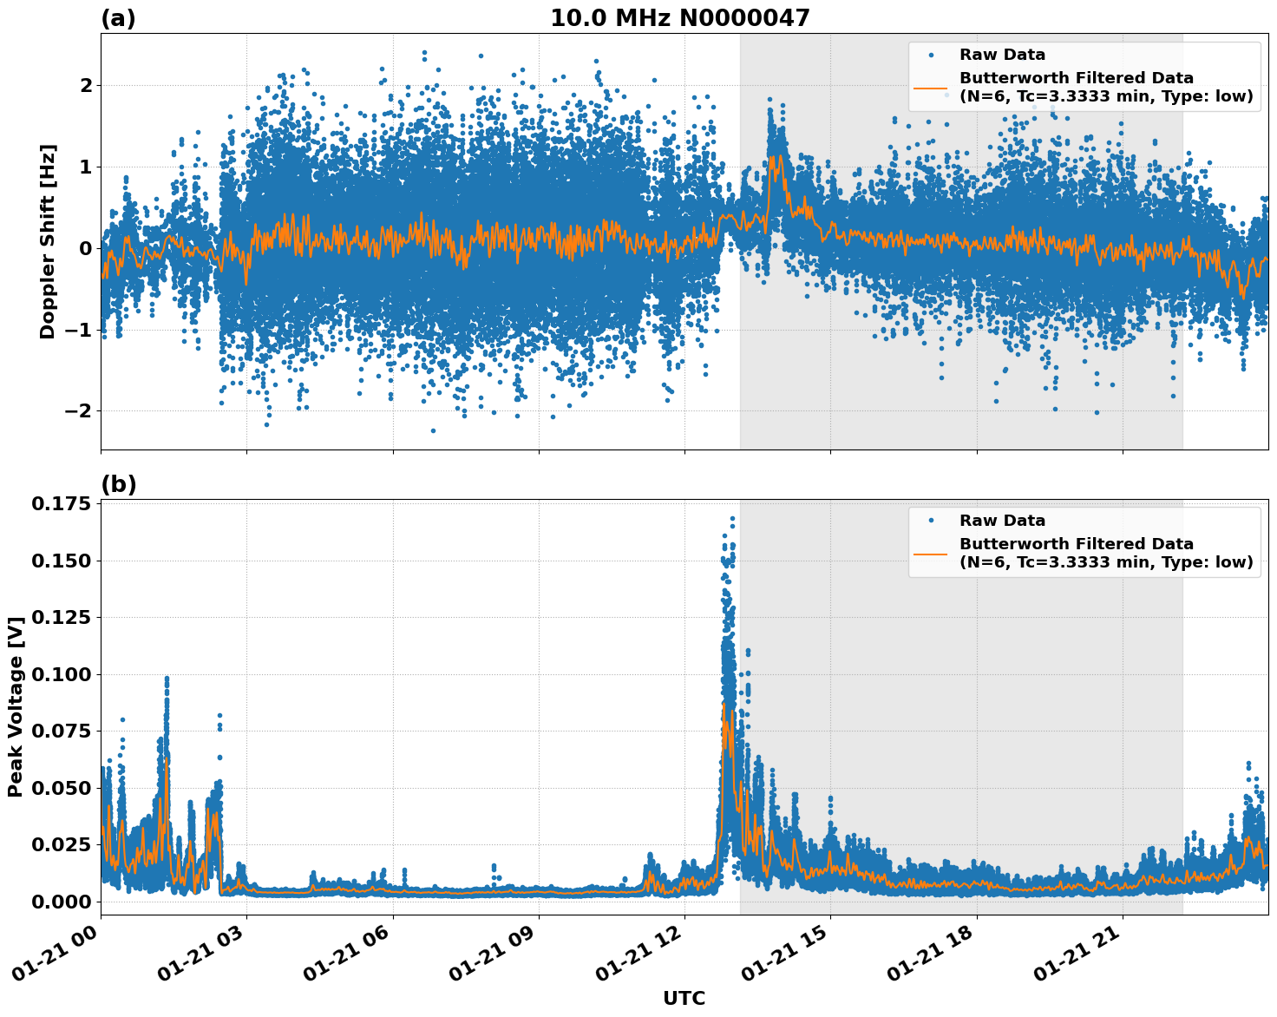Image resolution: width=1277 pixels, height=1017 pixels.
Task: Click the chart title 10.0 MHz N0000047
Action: click(679, 18)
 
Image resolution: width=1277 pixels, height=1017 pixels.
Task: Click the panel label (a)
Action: click(118, 18)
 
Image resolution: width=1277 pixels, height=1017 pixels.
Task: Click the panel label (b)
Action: click(118, 484)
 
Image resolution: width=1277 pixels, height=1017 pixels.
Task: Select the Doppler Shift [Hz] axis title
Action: click(48, 241)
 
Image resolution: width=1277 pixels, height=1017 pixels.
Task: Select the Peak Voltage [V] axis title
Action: click(15, 707)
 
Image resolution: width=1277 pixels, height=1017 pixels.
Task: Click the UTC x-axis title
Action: click(684, 998)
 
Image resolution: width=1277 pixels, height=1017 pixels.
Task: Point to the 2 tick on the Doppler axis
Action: click(86, 85)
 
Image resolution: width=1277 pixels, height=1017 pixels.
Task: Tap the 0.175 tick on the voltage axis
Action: click(61, 504)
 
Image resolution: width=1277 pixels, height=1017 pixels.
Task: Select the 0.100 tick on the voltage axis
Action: click(61, 674)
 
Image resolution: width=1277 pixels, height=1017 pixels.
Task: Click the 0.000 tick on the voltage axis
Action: click(61, 902)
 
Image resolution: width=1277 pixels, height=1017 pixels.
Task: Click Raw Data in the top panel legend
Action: click(1002, 55)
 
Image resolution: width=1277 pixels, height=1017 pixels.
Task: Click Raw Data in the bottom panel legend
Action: click(1002, 521)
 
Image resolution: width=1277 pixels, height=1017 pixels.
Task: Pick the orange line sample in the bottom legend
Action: click(930, 553)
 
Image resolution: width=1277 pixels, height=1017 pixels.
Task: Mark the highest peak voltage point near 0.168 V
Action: click(732, 518)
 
